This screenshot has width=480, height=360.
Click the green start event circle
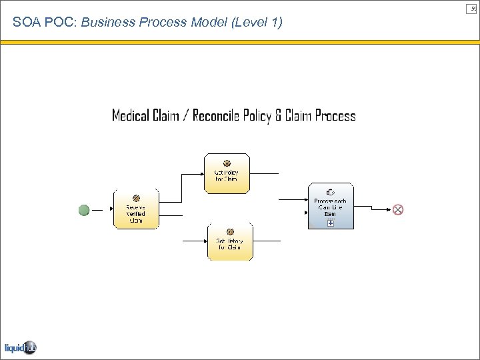(84, 210)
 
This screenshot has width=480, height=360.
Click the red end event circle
(398, 209)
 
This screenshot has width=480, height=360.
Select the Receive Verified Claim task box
(137, 209)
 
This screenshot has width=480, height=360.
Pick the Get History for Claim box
(230, 241)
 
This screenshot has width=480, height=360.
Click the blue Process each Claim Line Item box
(330, 206)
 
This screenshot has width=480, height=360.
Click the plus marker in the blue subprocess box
(330, 223)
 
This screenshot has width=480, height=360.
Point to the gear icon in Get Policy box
(227, 163)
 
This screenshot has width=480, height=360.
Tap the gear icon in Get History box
(230, 231)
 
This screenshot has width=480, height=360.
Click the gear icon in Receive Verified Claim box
(136, 198)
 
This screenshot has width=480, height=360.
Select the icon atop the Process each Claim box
(329, 191)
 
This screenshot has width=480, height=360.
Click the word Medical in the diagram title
(131, 116)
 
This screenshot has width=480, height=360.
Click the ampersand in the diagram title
(278, 116)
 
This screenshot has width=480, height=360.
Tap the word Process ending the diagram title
(335, 116)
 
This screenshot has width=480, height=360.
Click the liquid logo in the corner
(20, 347)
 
